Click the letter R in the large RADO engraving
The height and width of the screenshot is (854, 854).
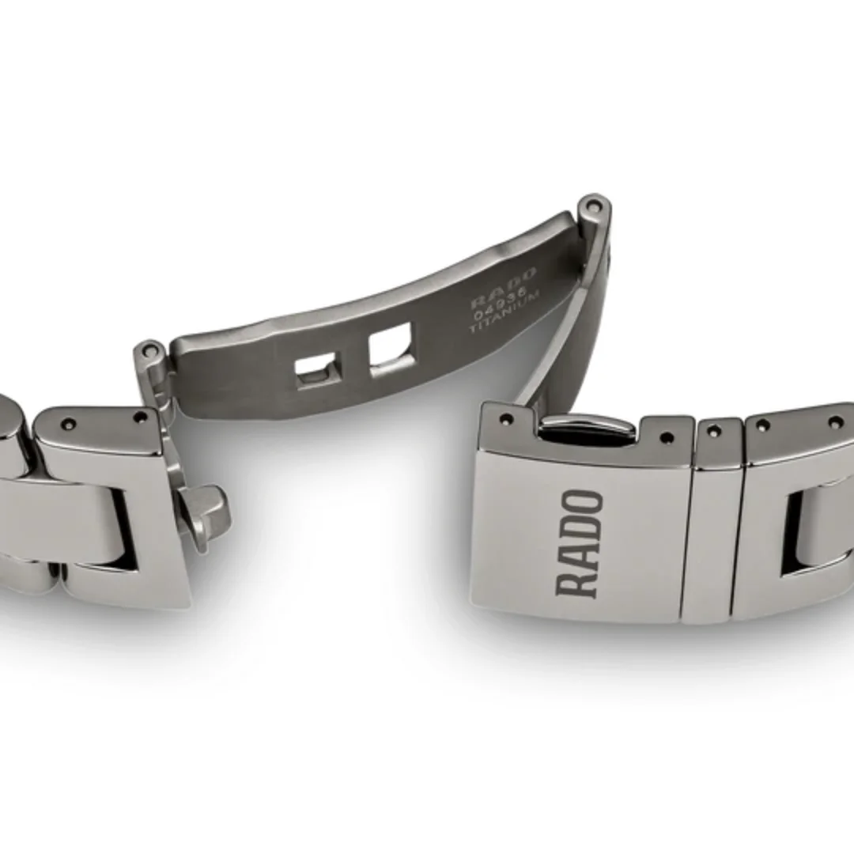pyautogui.click(x=579, y=581)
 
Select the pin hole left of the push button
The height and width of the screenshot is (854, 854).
pyautogui.click(x=506, y=418)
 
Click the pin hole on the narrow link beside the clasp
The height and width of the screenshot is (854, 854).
pyautogui.click(x=716, y=430)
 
